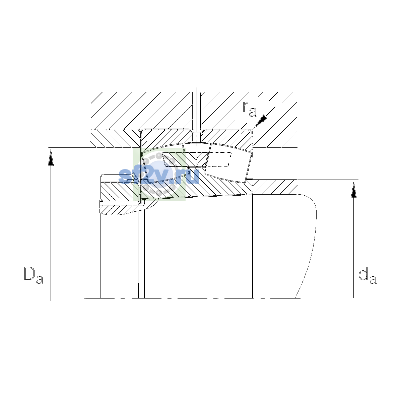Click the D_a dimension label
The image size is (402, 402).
tap(33, 275)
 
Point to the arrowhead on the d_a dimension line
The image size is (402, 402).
tap(353, 190)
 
